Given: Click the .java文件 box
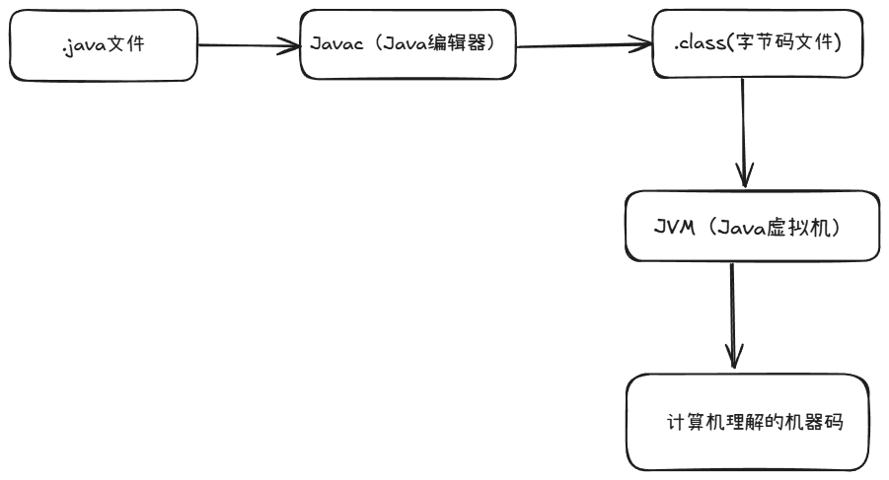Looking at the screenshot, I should pyautogui.click(x=103, y=45).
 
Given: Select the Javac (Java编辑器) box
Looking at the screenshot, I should pyautogui.click(x=407, y=45).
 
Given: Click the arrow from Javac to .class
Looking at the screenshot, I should pyautogui.click(x=582, y=45).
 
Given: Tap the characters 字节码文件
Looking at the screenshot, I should pyautogui.click(x=785, y=44).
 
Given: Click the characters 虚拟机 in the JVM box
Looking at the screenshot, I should pyautogui.click(x=809, y=226).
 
